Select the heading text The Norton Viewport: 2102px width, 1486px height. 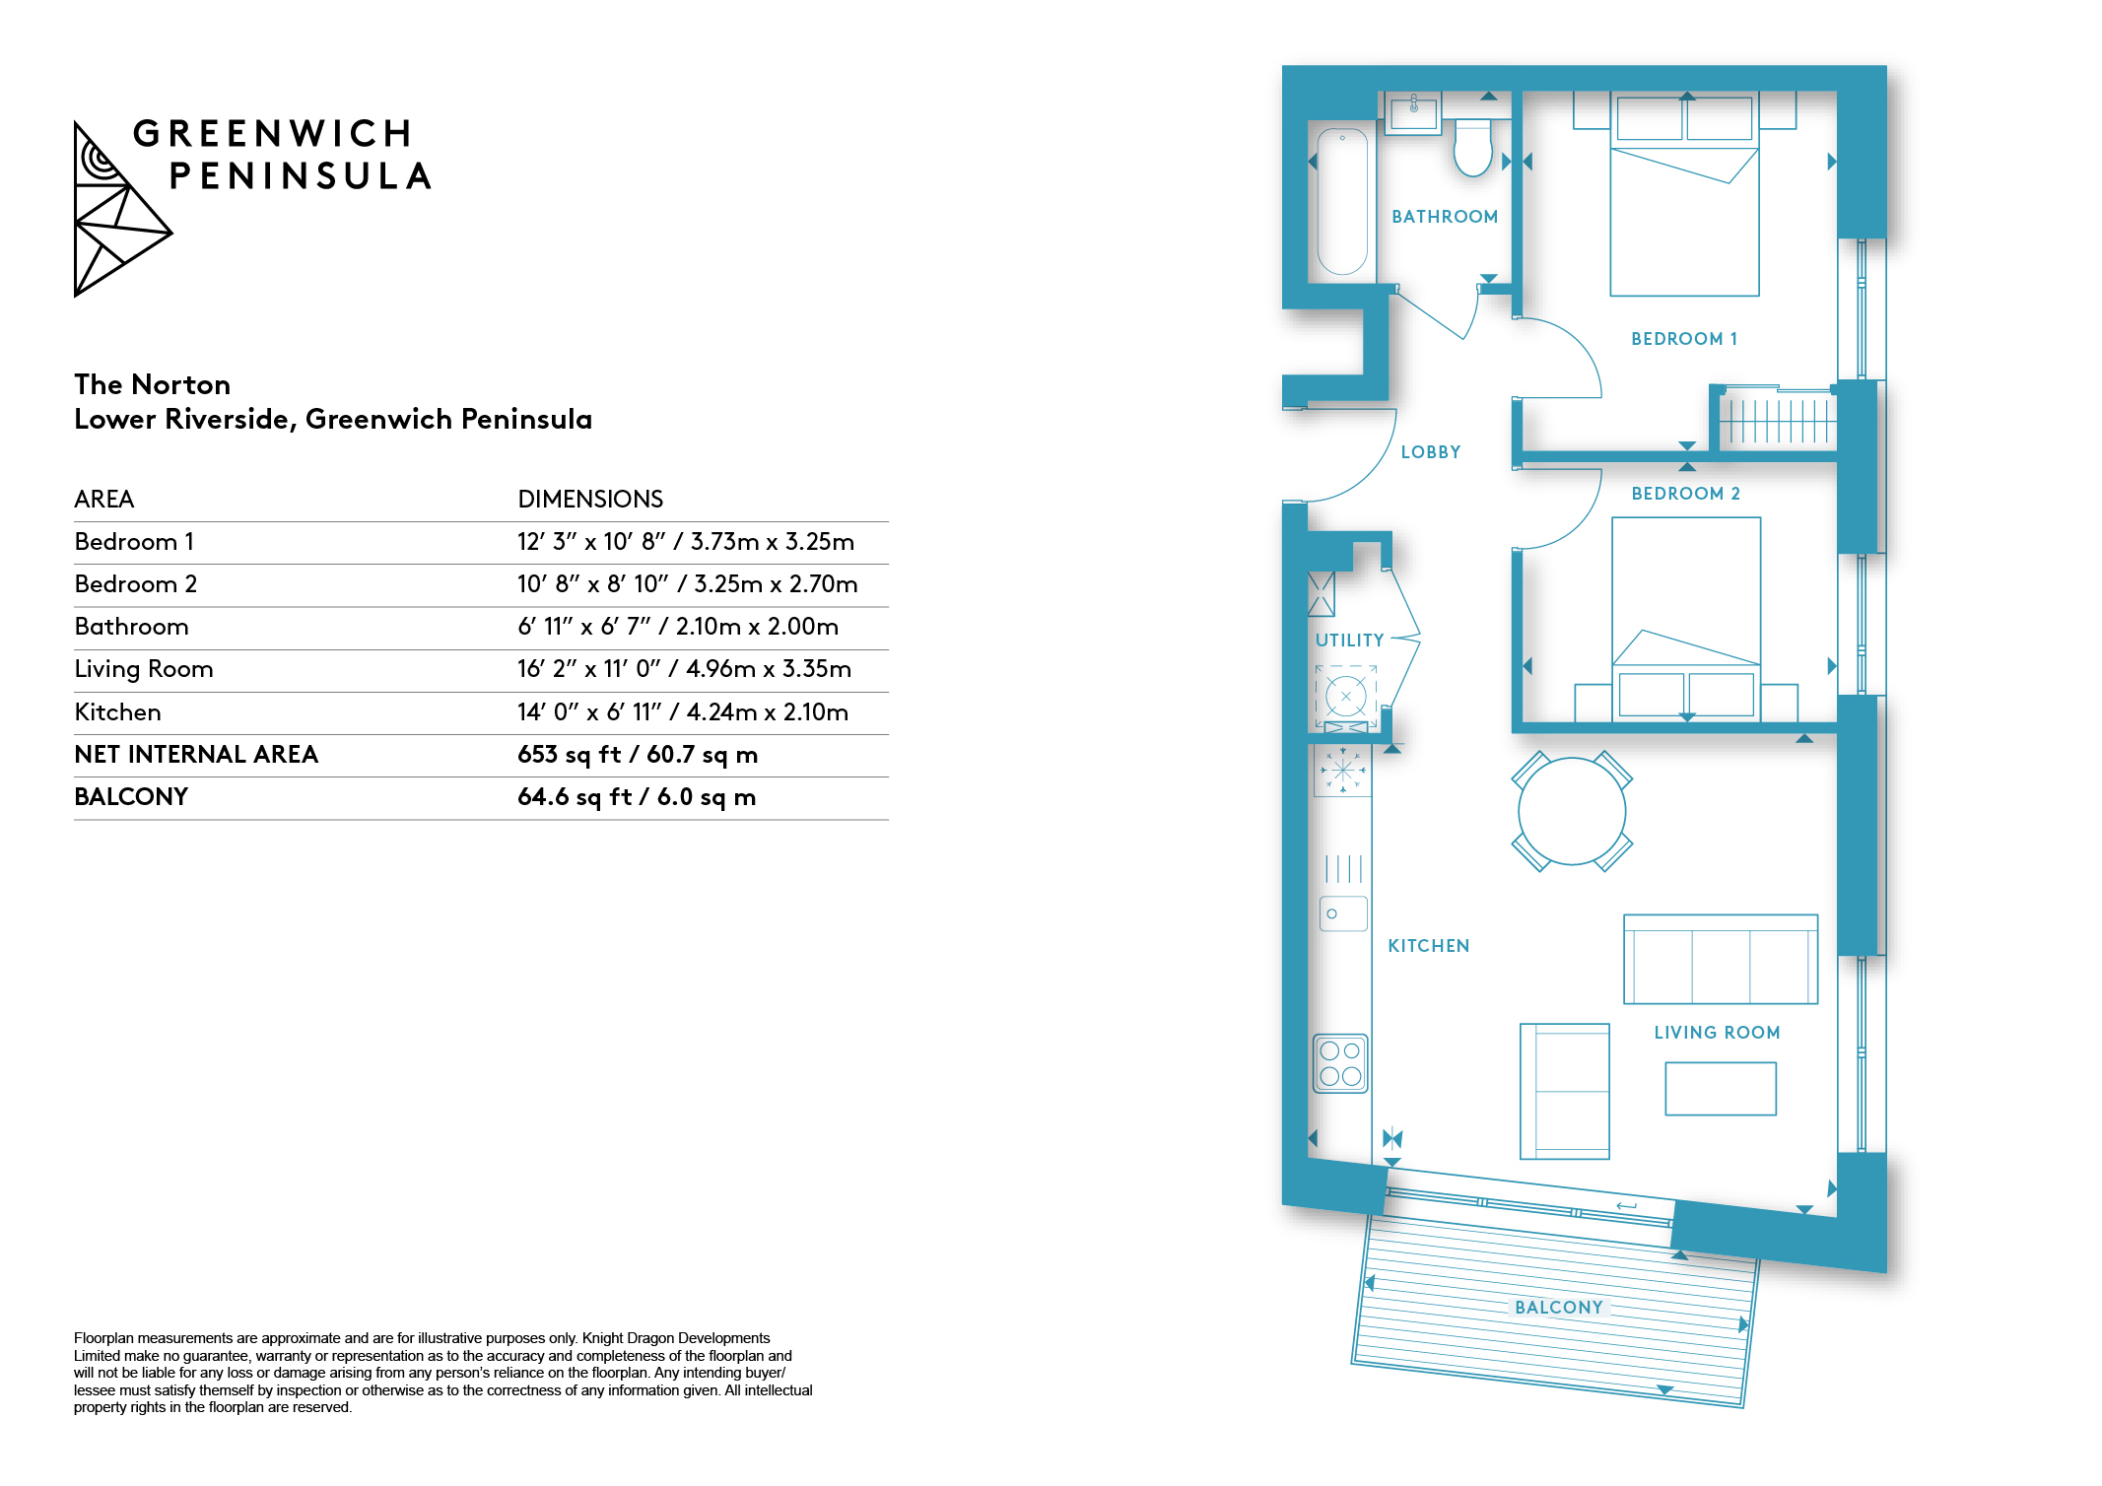click(153, 384)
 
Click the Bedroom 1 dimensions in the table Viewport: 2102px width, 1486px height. click(686, 541)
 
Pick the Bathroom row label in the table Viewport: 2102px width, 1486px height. click(131, 627)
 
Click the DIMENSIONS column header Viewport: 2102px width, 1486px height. click(590, 499)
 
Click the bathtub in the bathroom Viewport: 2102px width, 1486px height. click(1342, 201)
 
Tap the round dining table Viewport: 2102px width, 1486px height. click(1572, 811)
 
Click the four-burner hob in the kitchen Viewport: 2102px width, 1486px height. click(1340, 1063)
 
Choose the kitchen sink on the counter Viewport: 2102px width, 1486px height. click(1343, 913)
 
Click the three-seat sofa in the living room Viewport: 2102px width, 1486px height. click(1721, 959)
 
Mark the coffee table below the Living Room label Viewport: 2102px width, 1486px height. click(1721, 1088)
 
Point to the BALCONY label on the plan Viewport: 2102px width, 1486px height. click(1559, 1308)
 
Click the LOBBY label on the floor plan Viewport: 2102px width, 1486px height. click(1431, 452)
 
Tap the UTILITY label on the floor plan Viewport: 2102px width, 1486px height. click(1350, 641)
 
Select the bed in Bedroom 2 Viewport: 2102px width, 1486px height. click(1686, 619)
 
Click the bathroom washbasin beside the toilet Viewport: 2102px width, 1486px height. click(1413, 112)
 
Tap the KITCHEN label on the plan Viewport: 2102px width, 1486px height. click(1429, 946)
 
